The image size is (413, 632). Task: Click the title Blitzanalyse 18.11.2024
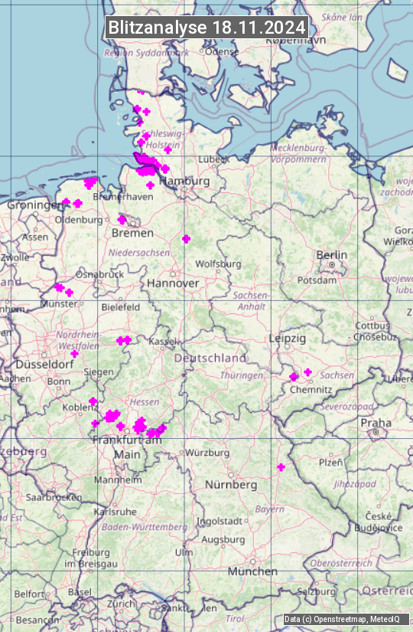tap(206, 28)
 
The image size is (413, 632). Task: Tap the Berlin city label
tap(331, 255)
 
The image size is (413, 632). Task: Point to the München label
tap(252, 571)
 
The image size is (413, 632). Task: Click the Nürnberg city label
tap(231, 485)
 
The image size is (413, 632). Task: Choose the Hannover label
tap(173, 283)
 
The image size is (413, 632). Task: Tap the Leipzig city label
tap(288, 338)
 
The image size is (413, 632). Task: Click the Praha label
tap(376, 422)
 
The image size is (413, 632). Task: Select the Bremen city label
tap(132, 233)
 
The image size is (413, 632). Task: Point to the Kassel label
tap(163, 341)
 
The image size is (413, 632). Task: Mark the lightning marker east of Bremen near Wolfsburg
tap(186, 239)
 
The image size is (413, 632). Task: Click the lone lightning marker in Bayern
tap(281, 467)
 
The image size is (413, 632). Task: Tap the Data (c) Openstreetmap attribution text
tap(342, 619)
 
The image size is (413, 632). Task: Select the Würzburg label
tap(208, 453)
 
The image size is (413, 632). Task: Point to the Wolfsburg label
tap(218, 264)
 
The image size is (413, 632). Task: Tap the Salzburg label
tap(317, 592)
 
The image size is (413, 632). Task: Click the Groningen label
tap(35, 205)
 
